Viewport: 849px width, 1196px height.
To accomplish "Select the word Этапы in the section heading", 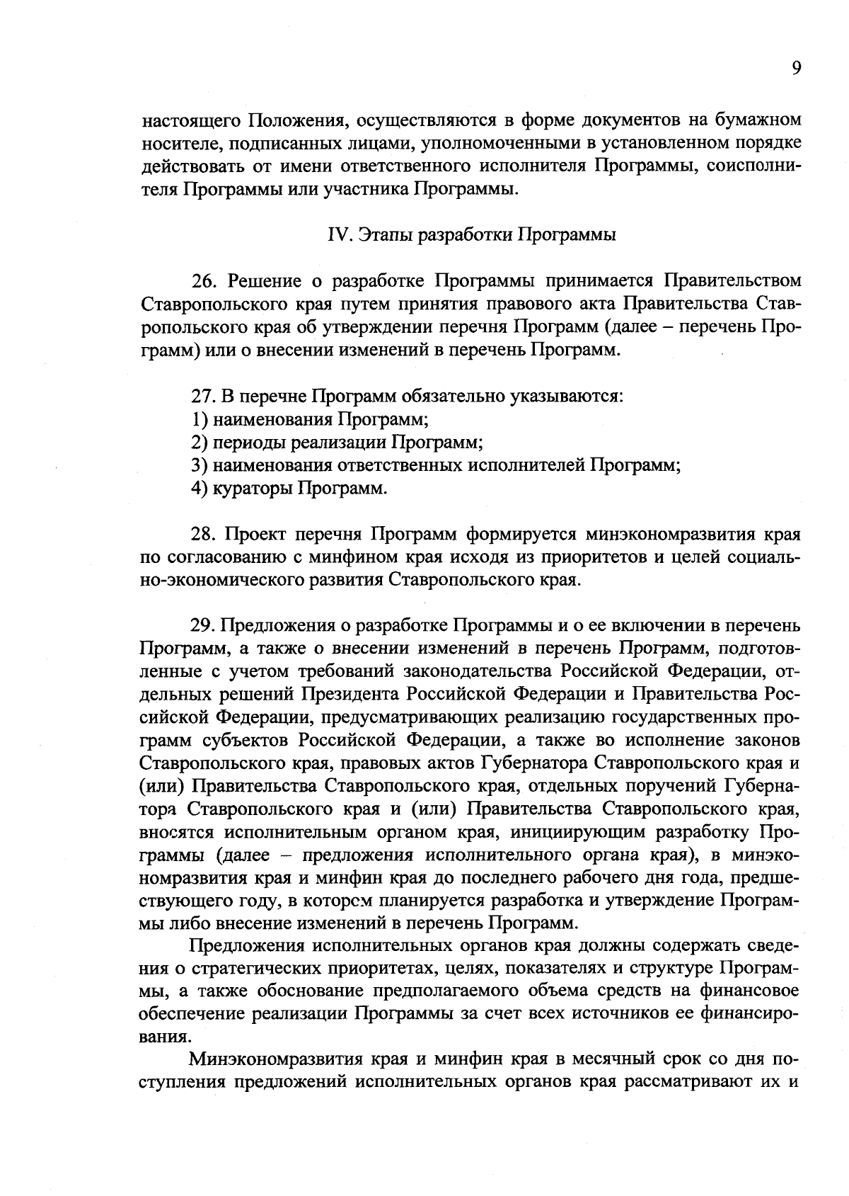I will [383, 235].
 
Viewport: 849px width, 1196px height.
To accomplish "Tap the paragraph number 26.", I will [204, 281].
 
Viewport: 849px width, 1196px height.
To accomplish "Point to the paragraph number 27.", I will [204, 396].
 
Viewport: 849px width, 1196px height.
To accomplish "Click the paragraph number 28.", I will [204, 534].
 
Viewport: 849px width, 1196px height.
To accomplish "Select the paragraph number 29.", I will [204, 626].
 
